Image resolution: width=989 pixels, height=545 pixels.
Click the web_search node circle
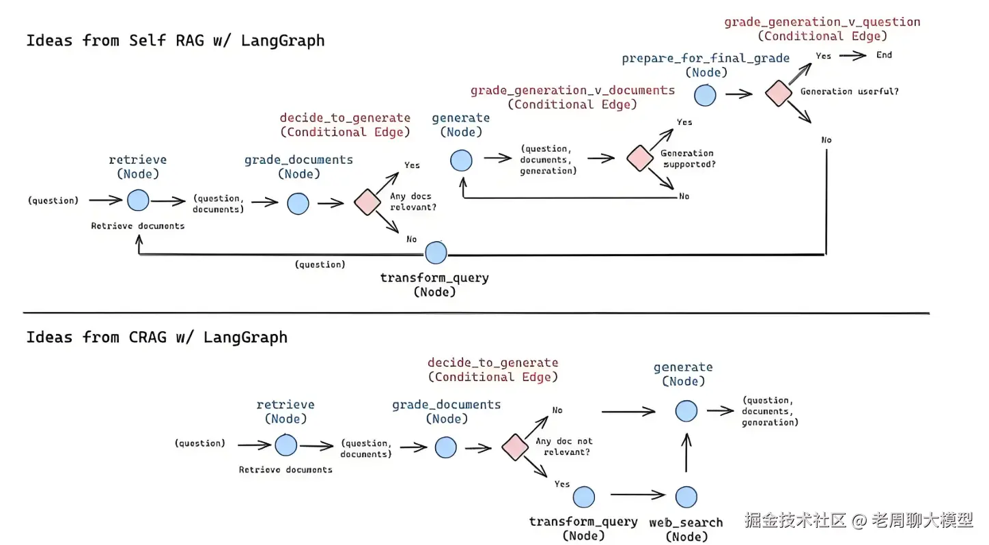(686, 497)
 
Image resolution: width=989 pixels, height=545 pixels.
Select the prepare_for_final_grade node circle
(706, 95)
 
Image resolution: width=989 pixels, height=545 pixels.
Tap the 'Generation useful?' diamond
(777, 93)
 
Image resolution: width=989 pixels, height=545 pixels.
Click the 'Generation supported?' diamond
(639, 158)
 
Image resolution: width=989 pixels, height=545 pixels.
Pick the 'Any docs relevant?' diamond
(367, 202)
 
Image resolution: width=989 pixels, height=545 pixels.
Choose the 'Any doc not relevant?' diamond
(515, 447)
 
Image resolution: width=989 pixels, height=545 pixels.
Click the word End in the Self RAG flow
(884, 55)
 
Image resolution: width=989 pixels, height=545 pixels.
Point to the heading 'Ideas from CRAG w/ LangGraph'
(156, 337)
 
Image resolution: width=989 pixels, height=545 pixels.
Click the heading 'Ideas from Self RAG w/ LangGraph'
(175, 40)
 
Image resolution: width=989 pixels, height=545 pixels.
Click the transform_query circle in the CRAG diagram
(583, 497)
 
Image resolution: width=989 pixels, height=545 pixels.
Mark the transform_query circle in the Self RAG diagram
(435, 253)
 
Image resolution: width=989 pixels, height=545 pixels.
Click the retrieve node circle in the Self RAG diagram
(138, 200)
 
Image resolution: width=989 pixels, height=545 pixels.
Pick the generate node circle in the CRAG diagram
(686, 410)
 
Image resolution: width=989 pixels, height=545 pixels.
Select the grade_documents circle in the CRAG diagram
(445, 447)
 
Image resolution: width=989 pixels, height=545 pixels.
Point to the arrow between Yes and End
(852, 55)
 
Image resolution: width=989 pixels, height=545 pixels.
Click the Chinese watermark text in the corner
(858, 520)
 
